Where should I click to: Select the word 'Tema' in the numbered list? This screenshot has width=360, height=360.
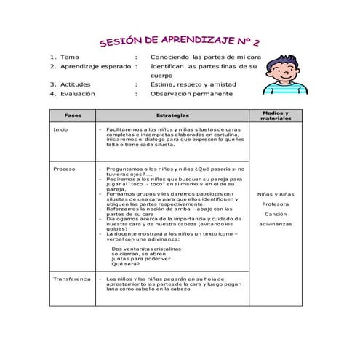click(x=70, y=56)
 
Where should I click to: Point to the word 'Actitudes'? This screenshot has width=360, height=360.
click(x=76, y=84)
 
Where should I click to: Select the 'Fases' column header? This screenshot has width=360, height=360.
click(x=73, y=116)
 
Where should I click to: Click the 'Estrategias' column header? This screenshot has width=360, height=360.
click(x=172, y=116)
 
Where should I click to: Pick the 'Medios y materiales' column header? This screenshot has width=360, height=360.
click(x=275, y=116)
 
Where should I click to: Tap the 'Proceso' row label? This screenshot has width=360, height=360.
click(x=64, y=169)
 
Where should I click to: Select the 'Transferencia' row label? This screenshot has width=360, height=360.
click(x=72, y=279)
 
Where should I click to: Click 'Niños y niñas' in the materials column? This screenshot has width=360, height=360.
click(x=275, y=194)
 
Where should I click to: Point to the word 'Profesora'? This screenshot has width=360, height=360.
click(x=275, y=204)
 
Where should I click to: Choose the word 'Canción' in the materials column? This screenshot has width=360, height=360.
click(x=275, y=214)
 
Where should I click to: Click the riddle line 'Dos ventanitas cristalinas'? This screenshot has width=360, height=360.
click(x=146, y=247)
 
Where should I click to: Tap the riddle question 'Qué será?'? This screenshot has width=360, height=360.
click(x=125, y=263)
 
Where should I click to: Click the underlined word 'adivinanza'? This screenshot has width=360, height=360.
click(x=179, y=239)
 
